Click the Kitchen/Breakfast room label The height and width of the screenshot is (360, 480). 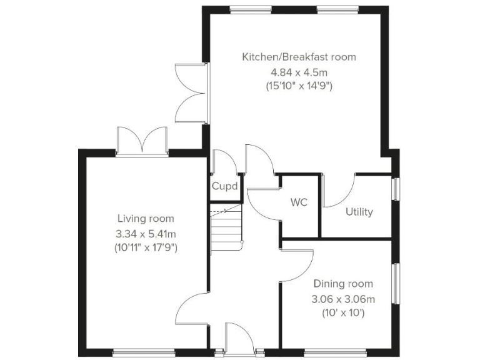pyautogui.click(x=299, y=57)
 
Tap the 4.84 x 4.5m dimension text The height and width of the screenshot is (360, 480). pyautogui.click(x=299, y=71)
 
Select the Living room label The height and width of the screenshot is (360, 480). pyautogui.click(x=146, y=219)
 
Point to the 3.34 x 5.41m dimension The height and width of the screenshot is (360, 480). pyautogui.click(x=146, y=233)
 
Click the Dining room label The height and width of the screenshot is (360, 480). pyautogui.click(x=343, y=284)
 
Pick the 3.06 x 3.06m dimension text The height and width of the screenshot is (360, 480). pyautogui.click(x=343, y=298)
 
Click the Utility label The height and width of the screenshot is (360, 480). pyautogui.click(x=359, y=212)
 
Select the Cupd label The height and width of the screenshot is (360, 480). pyautogui.click(x=224, y=186)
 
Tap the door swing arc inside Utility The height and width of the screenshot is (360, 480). pyautogui.click(x=341, y=191)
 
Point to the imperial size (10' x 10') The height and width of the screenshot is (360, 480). pyautogui.click(x=343, y=312)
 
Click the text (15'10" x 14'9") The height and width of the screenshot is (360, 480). pyautogui.click(x=299, y=86)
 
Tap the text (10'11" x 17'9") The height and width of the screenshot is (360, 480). pyautogui.click(x=146, y=247)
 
